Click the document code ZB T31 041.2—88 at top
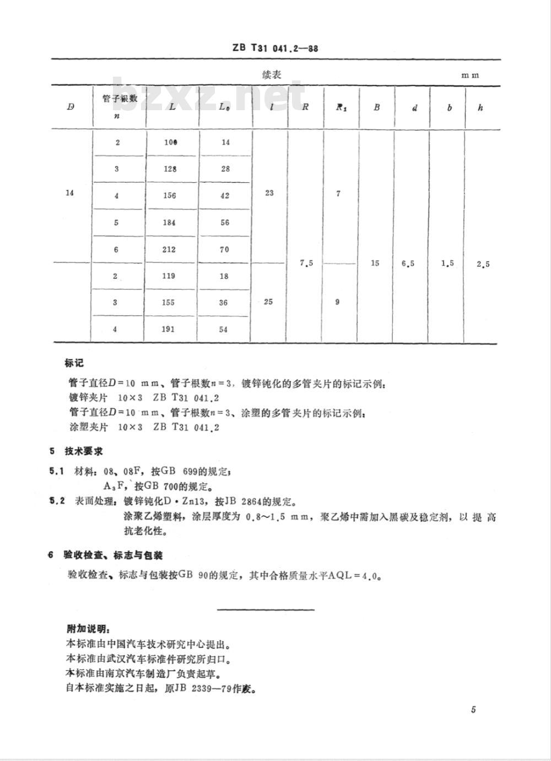tap(275, 48)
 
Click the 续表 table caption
tap(271, 74)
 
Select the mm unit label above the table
tap(470, 75)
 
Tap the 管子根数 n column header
tap(120, 106)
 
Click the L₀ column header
tap(224, 107)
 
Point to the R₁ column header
tap(340, 107)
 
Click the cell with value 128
tap(170, 169)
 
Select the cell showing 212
tap(169, 249)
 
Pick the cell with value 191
tap(169, 329)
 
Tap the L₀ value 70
tap(224, 249)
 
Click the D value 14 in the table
tap(69, 193)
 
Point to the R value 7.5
tap(306, 263)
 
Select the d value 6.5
tap(408, 263)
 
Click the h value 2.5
tap(483, 264)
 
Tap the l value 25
tap(268, 301)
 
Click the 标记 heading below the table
tap(74, 363)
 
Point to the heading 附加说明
tap(87, 629)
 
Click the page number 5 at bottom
tap(473, 709)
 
